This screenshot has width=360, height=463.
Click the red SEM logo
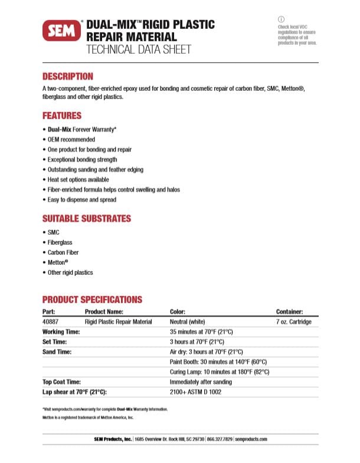point(61,31)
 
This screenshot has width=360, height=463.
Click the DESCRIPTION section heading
point(68,76)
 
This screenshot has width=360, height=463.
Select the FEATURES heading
point(62,116)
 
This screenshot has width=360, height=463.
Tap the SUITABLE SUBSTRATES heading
point(86,218)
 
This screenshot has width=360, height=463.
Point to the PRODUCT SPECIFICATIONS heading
point(92,300)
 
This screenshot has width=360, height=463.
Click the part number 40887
point(50,321)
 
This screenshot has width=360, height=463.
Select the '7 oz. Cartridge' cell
point(294,321)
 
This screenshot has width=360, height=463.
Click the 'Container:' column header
point(290,311)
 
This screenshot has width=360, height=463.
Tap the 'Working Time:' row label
point(61,331)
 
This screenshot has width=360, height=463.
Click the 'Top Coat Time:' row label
point(61,382)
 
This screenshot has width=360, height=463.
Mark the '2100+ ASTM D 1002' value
point(196,392)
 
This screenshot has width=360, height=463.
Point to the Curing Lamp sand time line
point(219,372)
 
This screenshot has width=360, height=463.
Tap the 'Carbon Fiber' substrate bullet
point(63,252)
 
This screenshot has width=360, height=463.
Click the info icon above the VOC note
point(281,19)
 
